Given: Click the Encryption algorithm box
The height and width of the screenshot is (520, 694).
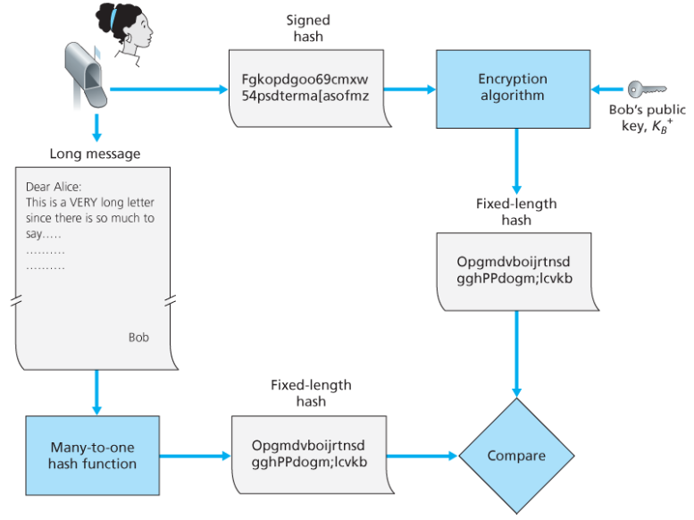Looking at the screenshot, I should point(512,88).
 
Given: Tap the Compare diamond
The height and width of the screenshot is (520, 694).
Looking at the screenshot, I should point(516,456).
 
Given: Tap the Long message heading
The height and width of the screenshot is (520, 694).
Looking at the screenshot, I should point(95,154).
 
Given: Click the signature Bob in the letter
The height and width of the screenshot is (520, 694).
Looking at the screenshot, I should point(138,338).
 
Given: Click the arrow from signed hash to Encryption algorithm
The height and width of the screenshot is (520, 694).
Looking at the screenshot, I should point(412,89).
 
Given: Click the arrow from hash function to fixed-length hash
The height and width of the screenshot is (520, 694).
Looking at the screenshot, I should point(195,456).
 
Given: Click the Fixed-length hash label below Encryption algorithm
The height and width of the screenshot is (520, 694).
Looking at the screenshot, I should point(516,212).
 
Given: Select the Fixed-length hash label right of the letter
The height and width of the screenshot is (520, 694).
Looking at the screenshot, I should point(311,393).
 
